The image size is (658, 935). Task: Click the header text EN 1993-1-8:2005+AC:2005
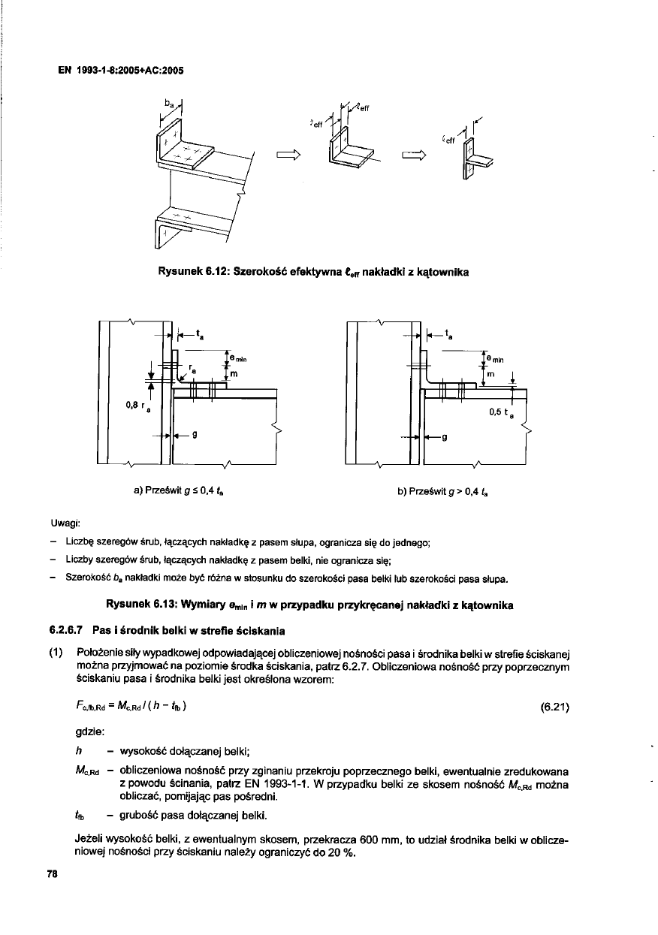click(121, 71)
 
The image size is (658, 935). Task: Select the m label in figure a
click(234, 373)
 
